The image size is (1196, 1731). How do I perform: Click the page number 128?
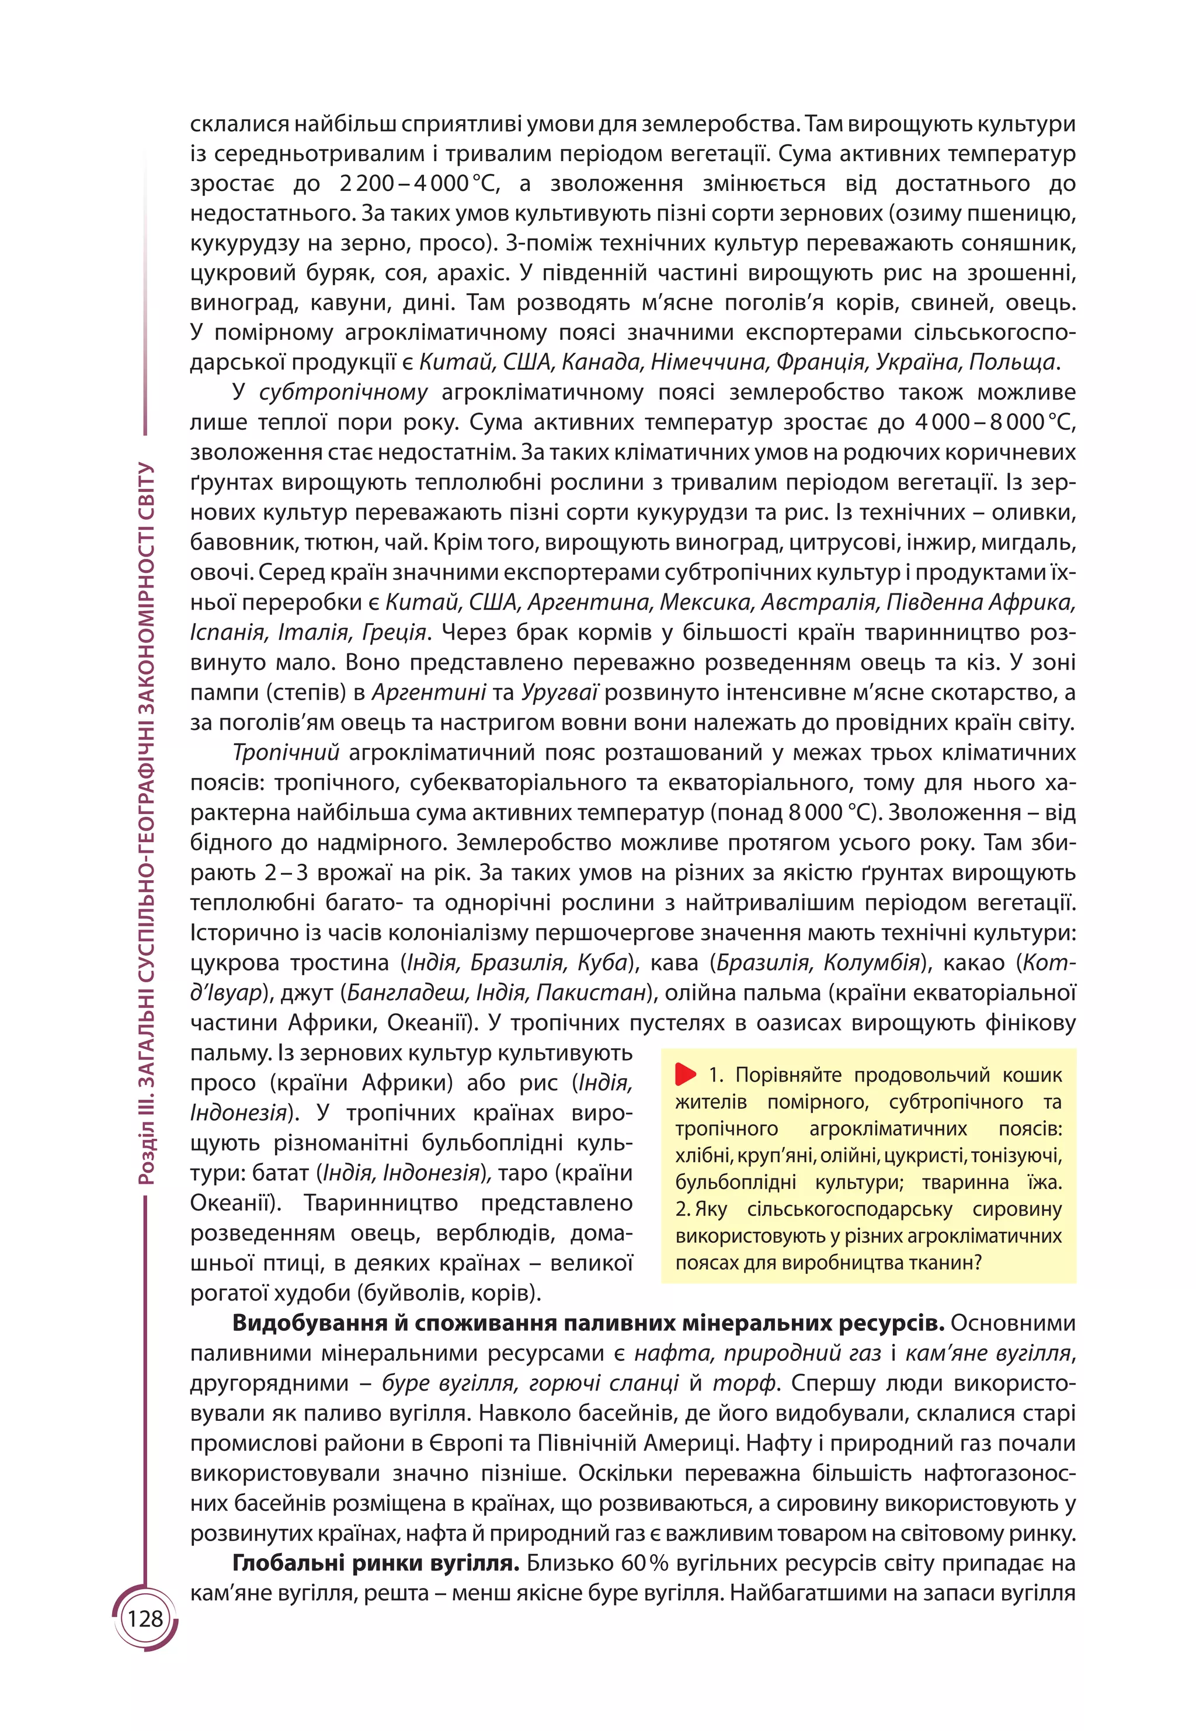click(x=145, y=1619)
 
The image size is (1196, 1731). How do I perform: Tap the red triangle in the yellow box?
click(x=685, y=1074)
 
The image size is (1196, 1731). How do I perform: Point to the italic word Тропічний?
click(x=286, y=752)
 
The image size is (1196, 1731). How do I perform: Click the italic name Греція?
click(x=394, y=632)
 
